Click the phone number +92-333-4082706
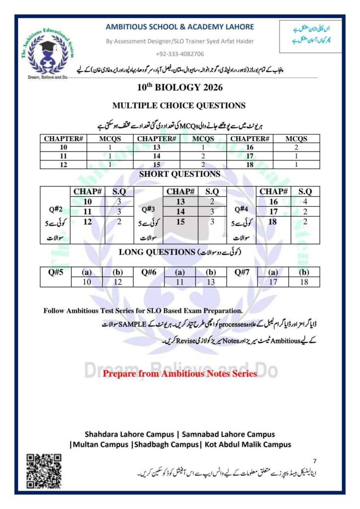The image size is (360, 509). pyautogui.click(x=180, y=54)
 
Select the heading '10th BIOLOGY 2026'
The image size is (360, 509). pyautogui.click(x=180, y=88)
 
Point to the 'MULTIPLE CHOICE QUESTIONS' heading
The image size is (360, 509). pyautogui.click(x=180, y=105)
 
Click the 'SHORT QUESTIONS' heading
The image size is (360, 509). pyautogui.click(x=180, y=174)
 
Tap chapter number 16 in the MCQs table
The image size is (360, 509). pyautogui.click(x=250, y=148)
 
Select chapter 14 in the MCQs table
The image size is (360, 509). pyautogui.click(x=157, y=156)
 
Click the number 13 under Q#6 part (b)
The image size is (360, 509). pyautogui.click(x=211, y=282)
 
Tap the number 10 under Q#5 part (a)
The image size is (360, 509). pyautogui.click(x=87, y=282)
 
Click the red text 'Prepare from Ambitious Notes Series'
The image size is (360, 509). pyautogui.click(x=180, y=373)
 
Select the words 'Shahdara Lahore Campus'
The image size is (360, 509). pyautogui.click(x=127, y=434)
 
